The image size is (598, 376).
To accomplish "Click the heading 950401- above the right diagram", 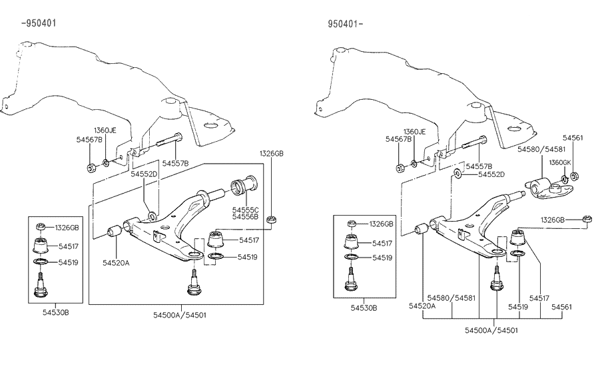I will (345, 24).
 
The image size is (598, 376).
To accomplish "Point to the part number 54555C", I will (245, 210).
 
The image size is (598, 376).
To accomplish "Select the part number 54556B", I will (245, 217).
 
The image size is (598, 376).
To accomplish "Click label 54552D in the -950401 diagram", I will (144, 174).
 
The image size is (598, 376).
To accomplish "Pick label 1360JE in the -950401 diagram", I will (105, 130).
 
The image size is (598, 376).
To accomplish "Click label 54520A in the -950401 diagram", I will (116, 263).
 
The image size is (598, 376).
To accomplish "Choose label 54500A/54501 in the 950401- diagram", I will (493, 330).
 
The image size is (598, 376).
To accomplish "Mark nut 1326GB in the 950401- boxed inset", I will (352, 224).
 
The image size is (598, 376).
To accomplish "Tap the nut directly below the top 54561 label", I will (577, 176).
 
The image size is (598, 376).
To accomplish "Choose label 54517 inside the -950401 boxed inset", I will (68, 246).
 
